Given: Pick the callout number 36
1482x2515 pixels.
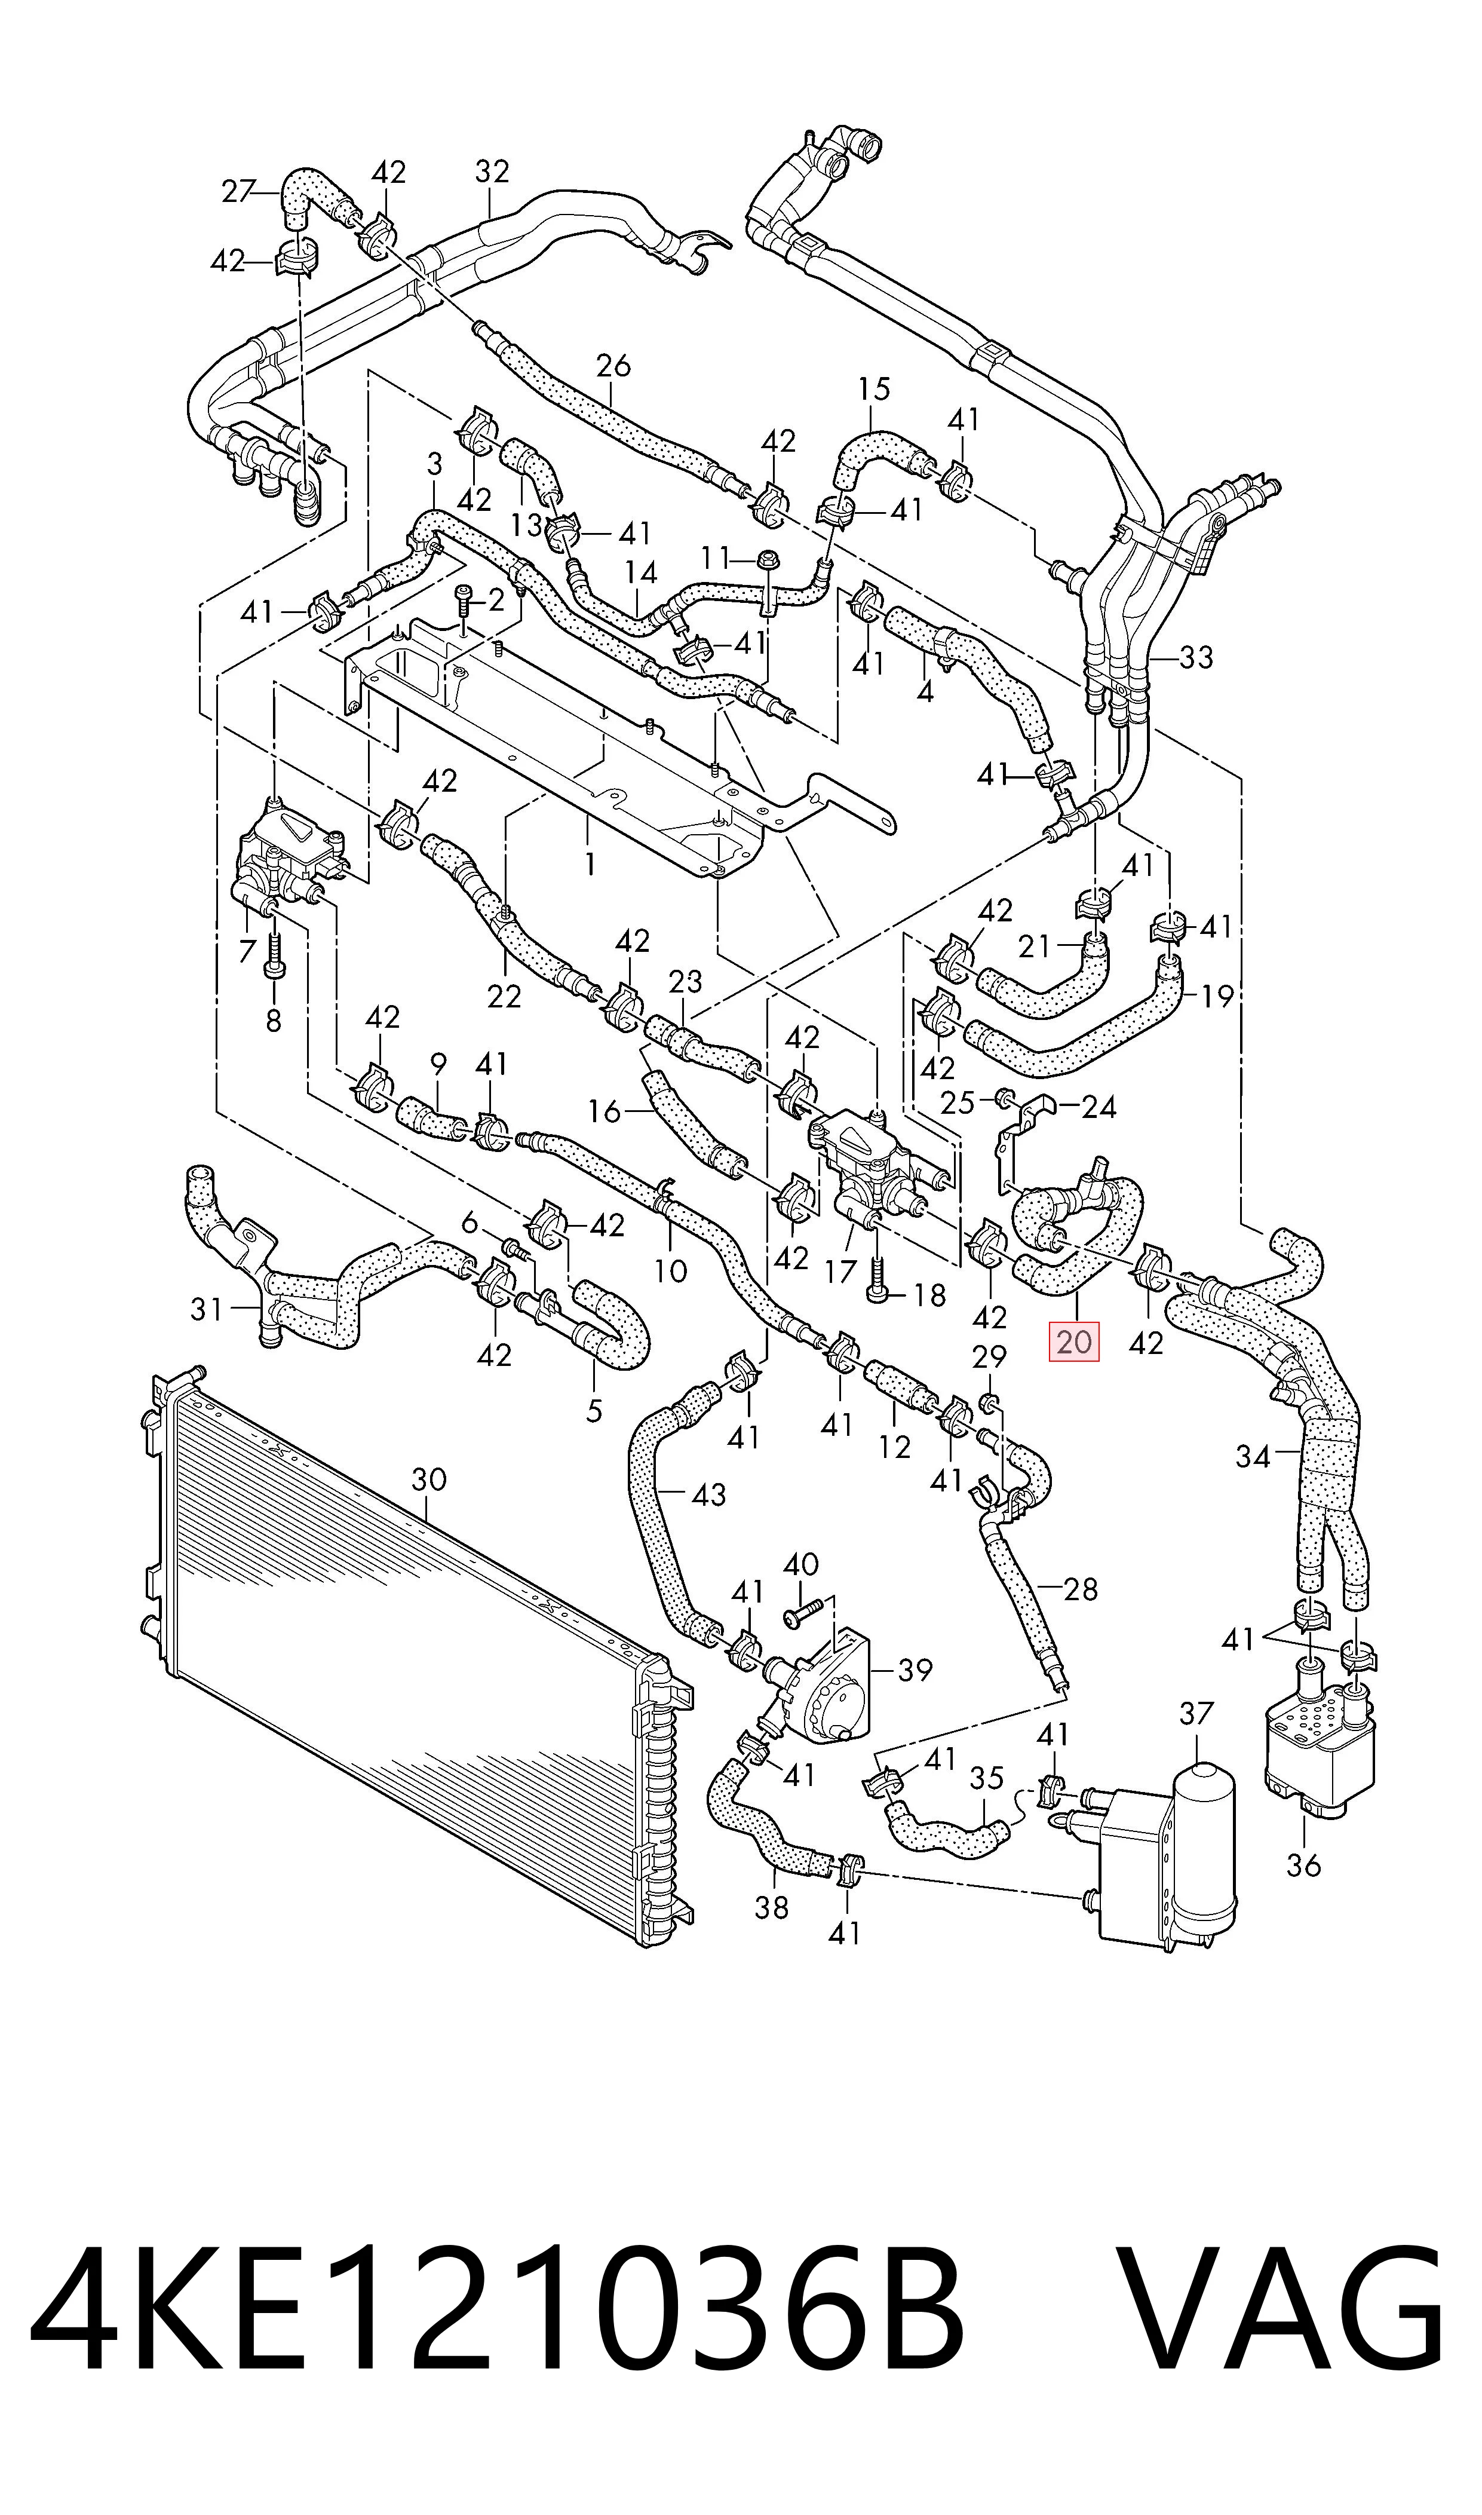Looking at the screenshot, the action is click(x=1303, y=1865).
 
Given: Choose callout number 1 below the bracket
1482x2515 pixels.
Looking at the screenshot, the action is click(x=590, y=863).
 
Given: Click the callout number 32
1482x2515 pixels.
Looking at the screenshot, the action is click(x=492, y=172).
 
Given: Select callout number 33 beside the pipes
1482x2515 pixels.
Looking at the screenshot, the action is click(x=1195, y=657).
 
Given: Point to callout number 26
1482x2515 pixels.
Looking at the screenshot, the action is click(x=613, y=366).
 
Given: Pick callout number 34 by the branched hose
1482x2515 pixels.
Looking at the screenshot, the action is click(x=1252, y=1457).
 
